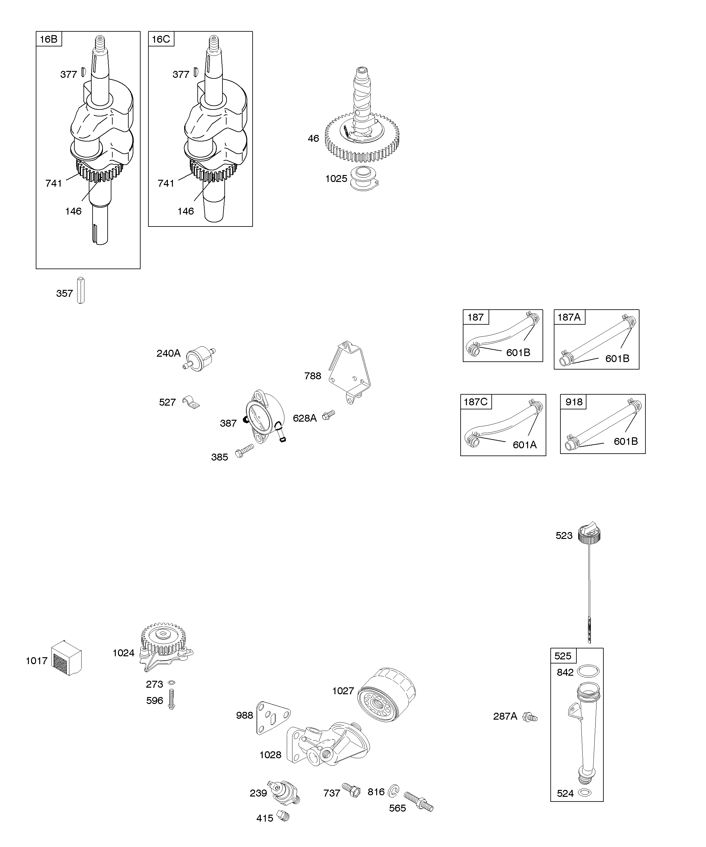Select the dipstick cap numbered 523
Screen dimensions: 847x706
pyautogui.click(x=589, y=535)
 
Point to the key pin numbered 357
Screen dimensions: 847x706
pyautogui.click(x=81, y=290)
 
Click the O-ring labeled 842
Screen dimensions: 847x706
pyautogui.click(x=588, y=672)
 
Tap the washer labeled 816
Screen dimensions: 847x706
pyautogui.click(x=393, y=791)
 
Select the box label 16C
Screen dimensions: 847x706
pyautogui.click(x=161, y=39)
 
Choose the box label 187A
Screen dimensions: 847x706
pyautogui.click(x=569, y=317)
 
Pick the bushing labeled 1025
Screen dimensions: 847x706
pyautogui.click(x=363, y=178)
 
